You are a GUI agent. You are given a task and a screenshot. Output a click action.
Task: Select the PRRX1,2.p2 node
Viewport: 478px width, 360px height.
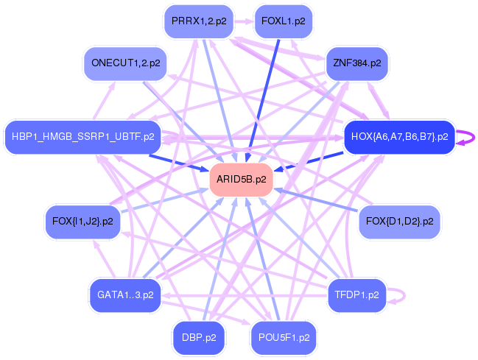tap(199, 21)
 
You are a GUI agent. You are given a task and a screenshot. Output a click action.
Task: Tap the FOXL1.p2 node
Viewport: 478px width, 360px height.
tap(283, 21)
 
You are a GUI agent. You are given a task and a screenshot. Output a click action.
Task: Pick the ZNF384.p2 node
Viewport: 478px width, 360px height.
tap(356, 63)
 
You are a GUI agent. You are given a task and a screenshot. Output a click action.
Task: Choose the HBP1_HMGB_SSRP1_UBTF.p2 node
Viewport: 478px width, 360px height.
tap(83, 136)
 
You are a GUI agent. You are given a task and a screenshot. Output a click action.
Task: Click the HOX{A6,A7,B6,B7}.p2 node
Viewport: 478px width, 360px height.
tap(399, 136)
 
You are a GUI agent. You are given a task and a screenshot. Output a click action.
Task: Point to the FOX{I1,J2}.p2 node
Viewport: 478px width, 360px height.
tap(83, 221)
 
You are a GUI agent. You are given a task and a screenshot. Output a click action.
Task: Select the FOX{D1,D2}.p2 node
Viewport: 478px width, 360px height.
tap(399, 221)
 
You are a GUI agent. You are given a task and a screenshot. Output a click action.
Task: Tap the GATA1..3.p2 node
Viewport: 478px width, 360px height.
tap(125, 294)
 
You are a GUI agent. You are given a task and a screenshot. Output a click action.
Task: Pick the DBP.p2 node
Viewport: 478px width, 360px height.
tap(199, 337)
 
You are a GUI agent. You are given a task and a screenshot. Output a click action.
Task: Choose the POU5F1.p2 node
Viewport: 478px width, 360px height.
tap(283, 337)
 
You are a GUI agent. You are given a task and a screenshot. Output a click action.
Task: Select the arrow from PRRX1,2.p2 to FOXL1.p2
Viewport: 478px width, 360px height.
tap(242, 21)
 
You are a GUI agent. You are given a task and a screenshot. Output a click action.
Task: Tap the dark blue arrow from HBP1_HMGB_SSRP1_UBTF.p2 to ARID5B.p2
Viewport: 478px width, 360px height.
tap(180, 162)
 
